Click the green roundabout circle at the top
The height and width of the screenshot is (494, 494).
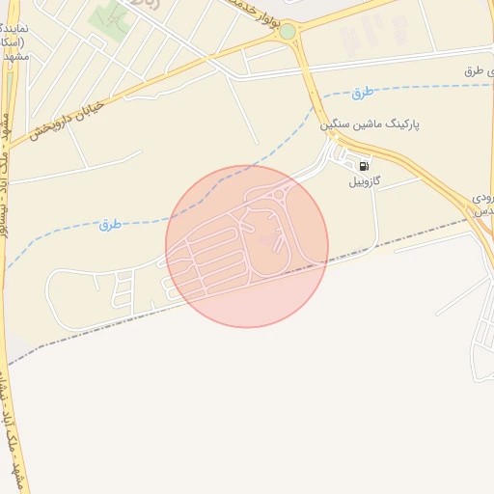point(287,32)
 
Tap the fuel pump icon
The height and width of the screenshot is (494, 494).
point(363,165)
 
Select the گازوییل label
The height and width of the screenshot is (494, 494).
point(364,180)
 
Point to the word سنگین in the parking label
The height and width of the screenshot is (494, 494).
point(337,125)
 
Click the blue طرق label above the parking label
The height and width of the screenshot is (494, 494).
point(362,93)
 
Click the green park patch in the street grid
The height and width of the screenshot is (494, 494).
point(112,15)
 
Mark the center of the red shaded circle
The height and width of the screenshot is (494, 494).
point(247,246)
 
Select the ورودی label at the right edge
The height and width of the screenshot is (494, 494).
point(483,197)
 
